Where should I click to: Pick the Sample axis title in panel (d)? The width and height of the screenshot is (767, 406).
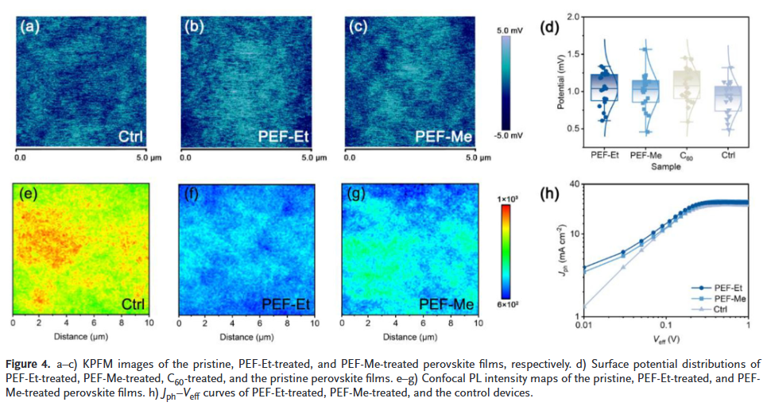pos(665,168)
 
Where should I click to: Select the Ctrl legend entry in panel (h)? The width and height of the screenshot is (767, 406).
pos(722,307)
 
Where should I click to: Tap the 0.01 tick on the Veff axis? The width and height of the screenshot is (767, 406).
pos(583,327)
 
